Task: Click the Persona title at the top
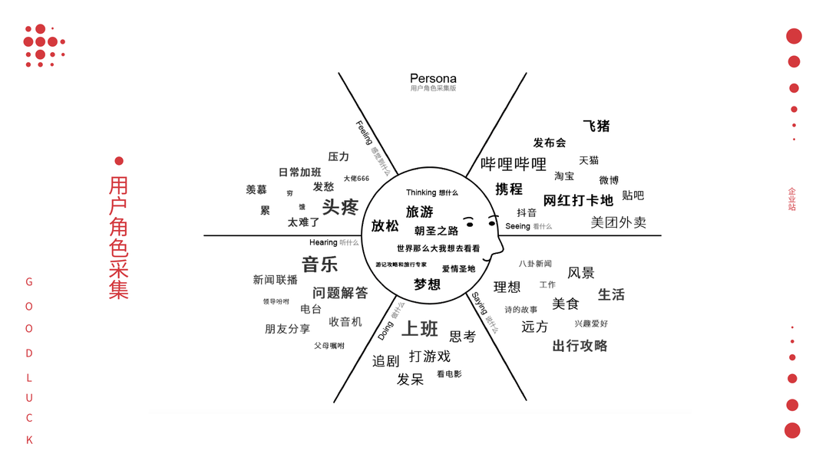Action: tap(433, 78)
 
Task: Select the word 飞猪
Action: tap(596, 126)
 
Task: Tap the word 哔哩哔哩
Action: tap(514, 164)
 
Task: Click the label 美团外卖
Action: tap(618, 222)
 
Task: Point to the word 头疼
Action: tap(340, 207)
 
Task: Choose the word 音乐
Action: tap(319, 264)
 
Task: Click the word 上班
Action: tap(420, 328)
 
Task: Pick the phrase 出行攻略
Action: tap(580, 346)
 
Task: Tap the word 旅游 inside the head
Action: tap(419, 212)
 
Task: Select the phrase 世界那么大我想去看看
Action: tap(438, 248)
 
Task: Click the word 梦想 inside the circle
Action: tap(427, 284)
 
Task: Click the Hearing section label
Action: tap(323, 242)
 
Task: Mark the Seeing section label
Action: tap(517, 226)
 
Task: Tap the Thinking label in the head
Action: tap(421, 192)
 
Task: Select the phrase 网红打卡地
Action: tap(578, 201)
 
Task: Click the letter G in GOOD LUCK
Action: tap(29, 282)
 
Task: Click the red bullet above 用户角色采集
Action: tap(119, 161)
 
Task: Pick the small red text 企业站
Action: tap(792, 199)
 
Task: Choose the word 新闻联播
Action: tap(275, 280)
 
